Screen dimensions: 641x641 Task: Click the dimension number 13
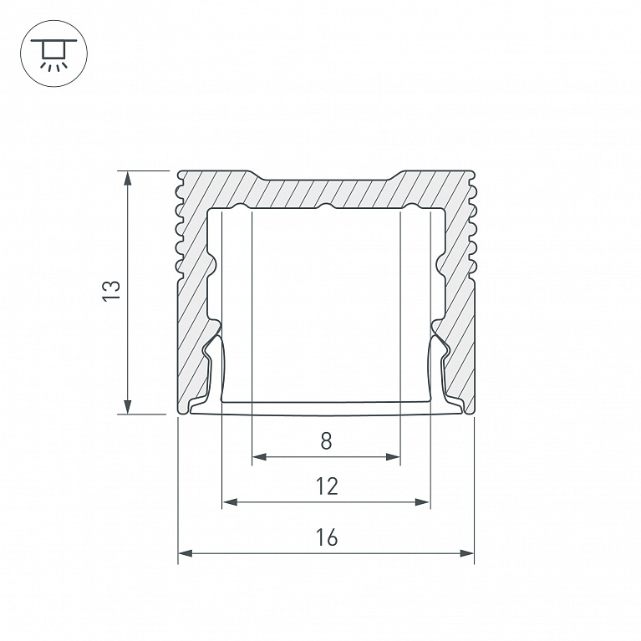point(111,291)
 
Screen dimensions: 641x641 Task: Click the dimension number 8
point(326,441)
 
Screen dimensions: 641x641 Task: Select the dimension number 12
point(327,486)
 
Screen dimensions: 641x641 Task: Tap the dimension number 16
point(327,537)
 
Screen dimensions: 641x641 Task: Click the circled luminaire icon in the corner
point(53,53)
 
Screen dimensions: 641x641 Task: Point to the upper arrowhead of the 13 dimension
point(128,178)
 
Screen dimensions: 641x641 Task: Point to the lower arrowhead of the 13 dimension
point(128,407)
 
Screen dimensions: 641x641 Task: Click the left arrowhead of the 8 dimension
point(259,456)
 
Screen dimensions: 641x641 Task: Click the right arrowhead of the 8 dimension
point(393,456)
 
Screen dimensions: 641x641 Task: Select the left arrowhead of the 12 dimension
point(230,501)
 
